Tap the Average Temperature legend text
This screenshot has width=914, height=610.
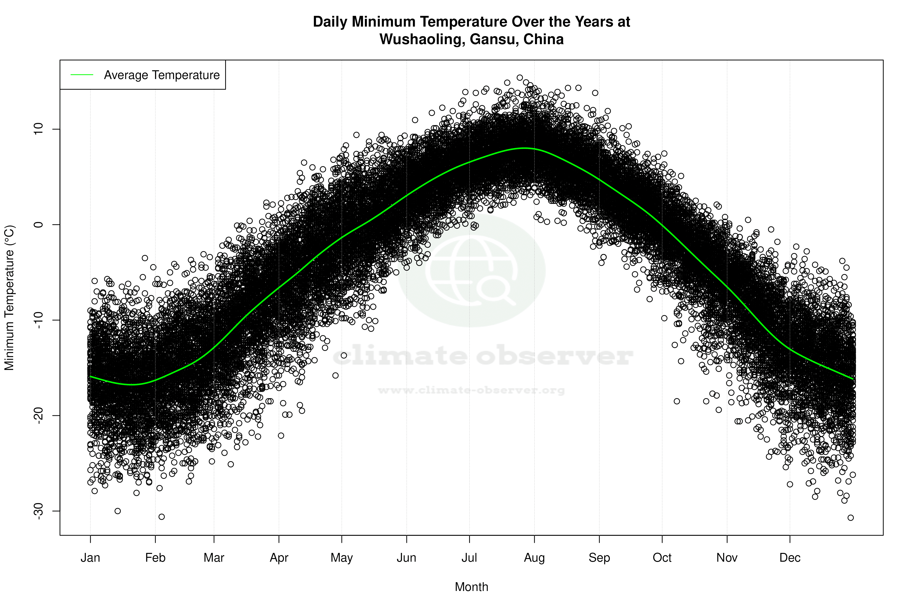pyautogui.click(x=162, y=75)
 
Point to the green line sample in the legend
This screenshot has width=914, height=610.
pyautogui.click(x=82, y=75)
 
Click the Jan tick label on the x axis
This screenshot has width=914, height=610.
pyautogui.click(x=90, y=558)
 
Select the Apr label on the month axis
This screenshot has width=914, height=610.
pyautogui.click(x=279, y=558)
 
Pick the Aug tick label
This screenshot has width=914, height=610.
pyautogui.click(x=534, y=558)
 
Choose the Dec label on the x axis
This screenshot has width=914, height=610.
pyautogui.click(x=790, y=558)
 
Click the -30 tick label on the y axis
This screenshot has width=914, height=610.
pyautogui.click(x=39, y=511)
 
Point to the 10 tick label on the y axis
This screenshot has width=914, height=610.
pyautogui.click(x=39, y=129)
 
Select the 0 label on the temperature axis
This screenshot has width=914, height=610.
pyautogui.click(x=39, y=224)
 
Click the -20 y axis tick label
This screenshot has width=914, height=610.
pyautogui.click(x=39, y=416)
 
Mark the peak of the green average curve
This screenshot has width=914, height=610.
pyautogui.click(x=525, y=148)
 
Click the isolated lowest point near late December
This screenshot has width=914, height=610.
pyautogui.click(x=851, y=518)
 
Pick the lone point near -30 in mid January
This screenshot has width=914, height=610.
pyautogui.click(x=118, y=511)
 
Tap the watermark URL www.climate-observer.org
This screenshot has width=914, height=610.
pyautogui.click(x=471, y=390)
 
